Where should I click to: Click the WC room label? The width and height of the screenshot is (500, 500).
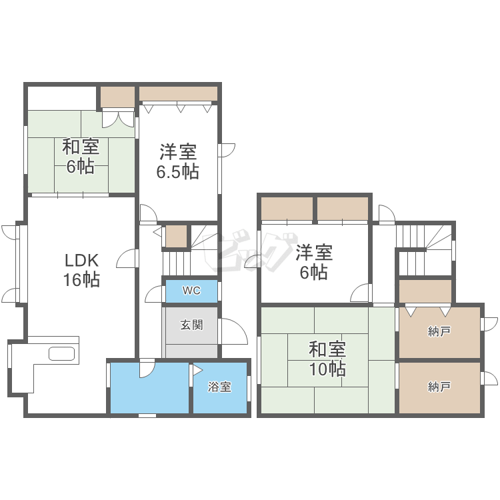[x=191, y=291]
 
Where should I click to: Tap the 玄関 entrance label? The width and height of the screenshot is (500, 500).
[x=191, y=325]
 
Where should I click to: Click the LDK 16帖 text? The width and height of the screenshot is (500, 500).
[x=81, y=270]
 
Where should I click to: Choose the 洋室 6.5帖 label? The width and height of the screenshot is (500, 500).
[x=177, y=161]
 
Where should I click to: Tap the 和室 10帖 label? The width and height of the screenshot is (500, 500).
[x=327, y=358]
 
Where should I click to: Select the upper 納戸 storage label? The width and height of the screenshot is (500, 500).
[x=439, y=331]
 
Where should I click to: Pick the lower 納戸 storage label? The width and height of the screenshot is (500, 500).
[x=439, y=387]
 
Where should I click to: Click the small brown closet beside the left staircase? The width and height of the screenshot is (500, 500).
[x=176, y=237]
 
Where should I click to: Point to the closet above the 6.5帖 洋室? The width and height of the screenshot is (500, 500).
[x=178, y=93]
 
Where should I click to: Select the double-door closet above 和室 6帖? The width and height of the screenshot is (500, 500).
[x=117, y=97]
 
